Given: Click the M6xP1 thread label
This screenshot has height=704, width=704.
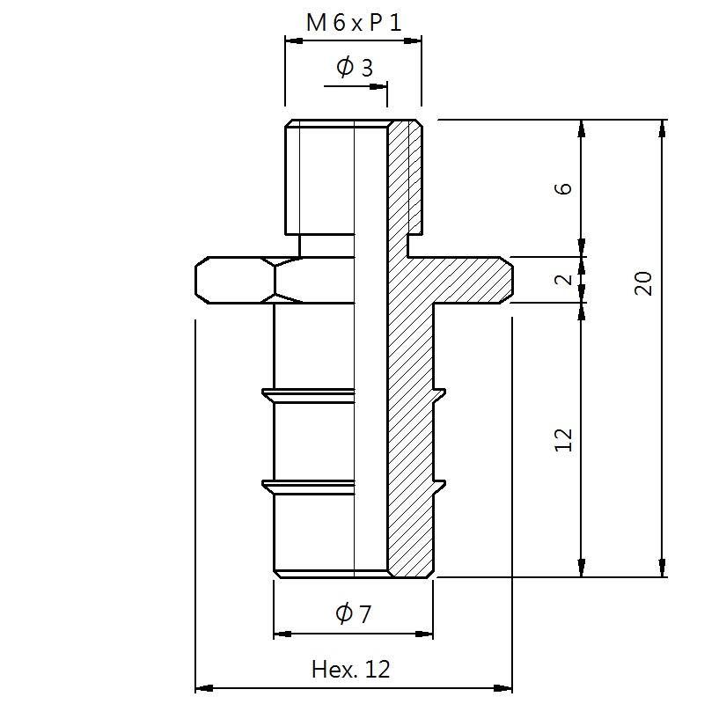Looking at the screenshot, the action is (x=354, y=23).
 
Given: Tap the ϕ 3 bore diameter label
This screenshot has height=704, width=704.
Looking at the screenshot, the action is (x=355, y=68).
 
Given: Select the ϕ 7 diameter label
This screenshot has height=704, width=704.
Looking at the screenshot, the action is (x=354, y=613).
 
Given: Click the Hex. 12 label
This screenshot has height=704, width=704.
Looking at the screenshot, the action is (x=350, y=670).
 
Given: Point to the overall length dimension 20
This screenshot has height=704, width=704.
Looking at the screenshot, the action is (x=642, y=282).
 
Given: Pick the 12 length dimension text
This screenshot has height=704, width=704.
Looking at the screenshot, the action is (x=563, y=439).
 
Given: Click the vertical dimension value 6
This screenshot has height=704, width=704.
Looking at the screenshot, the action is (x=563, y=188).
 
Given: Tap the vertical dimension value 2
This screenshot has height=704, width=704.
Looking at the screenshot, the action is (x=563, y=280).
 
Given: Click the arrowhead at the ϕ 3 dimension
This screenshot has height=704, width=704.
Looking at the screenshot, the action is (x=378, y=85).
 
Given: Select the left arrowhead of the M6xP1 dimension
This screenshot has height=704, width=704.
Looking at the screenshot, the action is (x=294, y=40).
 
